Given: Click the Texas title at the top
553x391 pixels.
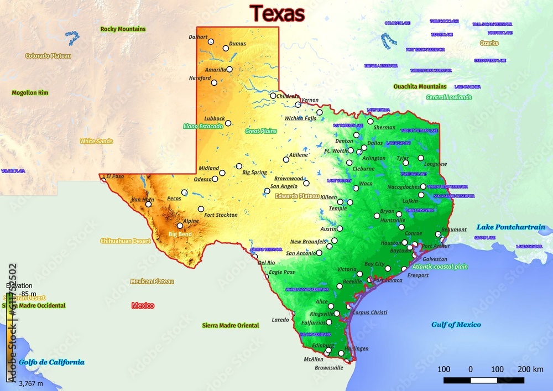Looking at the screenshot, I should tap(277, 14).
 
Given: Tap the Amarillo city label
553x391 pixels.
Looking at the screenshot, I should tap(215, 70).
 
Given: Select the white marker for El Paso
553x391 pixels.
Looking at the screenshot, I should tap(103, 179).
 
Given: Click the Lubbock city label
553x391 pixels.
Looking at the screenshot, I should tap(214, 118).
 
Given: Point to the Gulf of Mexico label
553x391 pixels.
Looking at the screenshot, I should tap(456, 325).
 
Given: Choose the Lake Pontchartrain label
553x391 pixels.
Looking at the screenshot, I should tap(511, 227).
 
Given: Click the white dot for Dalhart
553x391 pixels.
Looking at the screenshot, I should tap(211, 41).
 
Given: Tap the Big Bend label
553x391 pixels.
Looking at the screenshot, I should tap(180, 234).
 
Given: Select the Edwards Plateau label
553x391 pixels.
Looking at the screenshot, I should tap(298, 196).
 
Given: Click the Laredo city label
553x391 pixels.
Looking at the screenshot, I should tap(280, 320).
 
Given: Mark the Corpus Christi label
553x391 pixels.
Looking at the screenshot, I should tap(370, 312).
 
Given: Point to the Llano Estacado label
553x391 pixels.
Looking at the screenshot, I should tap(203, 126).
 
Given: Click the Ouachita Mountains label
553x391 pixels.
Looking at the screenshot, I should tap(420, 87).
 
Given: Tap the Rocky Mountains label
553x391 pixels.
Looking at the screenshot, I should tap(123, 29).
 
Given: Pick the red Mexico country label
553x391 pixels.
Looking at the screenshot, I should tap(143, 305).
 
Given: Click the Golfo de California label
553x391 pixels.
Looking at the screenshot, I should tap(51, 362).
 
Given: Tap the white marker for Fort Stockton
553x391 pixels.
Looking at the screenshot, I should tap(201, 209).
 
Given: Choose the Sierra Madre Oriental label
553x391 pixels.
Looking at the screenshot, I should tap(231, 325).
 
